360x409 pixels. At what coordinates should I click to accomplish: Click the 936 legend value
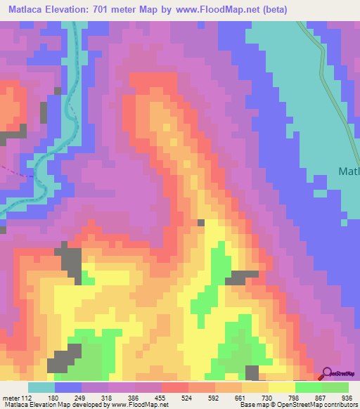tap(347, 396)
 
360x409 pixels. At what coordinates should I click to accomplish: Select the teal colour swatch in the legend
tap(41, 387)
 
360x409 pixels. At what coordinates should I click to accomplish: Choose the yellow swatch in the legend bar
tap(281, 387)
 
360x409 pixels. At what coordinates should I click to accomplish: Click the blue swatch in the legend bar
tap(67, 387)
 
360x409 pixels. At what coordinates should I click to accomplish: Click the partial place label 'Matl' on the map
tap(349, 171)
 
